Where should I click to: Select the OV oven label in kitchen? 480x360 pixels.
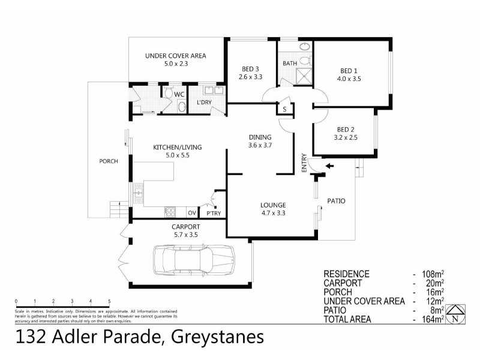192,213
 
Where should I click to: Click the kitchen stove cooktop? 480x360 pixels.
170,212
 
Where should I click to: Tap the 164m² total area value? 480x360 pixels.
434,319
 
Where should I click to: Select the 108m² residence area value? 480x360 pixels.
434,274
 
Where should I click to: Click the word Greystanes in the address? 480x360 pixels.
217,338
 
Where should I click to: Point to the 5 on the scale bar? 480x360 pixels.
109,301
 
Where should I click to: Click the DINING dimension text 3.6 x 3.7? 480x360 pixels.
260,145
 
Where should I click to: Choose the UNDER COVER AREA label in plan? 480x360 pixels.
175,56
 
